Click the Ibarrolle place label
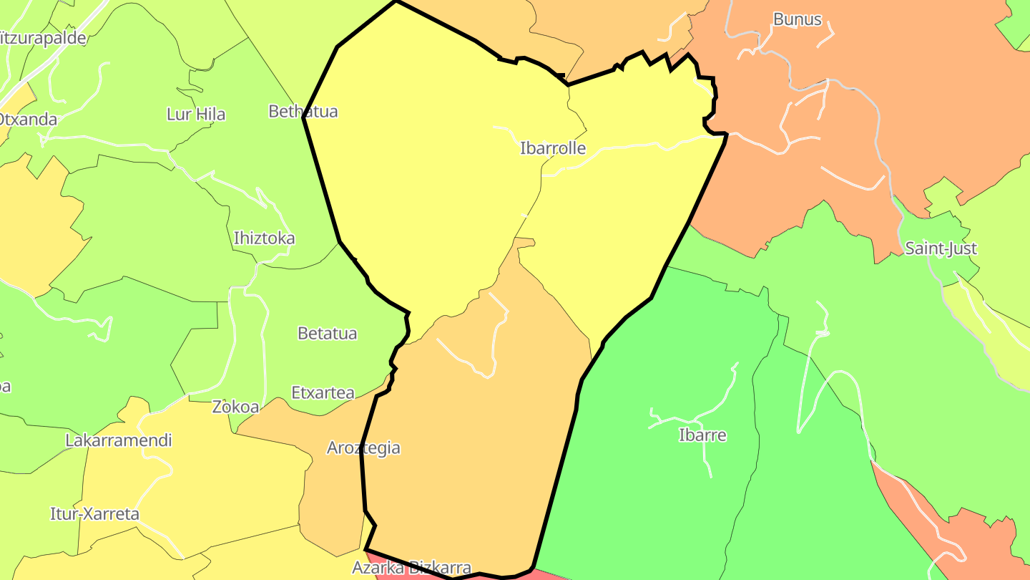click(552, 148)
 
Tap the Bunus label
click(797, 19)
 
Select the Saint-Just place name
click(941, 248)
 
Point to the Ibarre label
click(702, 435)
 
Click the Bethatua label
click(303, 111)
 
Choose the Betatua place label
click(327, 333)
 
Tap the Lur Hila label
click(195, 114)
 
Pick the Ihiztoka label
click(264, 238)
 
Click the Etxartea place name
click(323, 392)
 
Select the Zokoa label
click(235, 407)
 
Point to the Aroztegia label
click(363, 448)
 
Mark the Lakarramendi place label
click(119, 440)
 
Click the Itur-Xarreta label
click(94, 513)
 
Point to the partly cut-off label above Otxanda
click(43, 38)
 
